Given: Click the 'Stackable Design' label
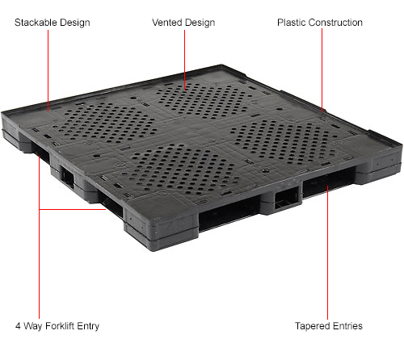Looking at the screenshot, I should (52, 23).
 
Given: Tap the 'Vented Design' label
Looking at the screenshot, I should (183, 23).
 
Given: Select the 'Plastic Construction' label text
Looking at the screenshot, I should (319, 23).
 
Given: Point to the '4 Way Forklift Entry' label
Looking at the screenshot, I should (57, 326).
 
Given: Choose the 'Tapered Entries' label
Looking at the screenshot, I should (328, 326).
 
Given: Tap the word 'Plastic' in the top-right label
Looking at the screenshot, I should (292, 23).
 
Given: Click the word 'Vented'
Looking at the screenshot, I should (167, 23).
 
